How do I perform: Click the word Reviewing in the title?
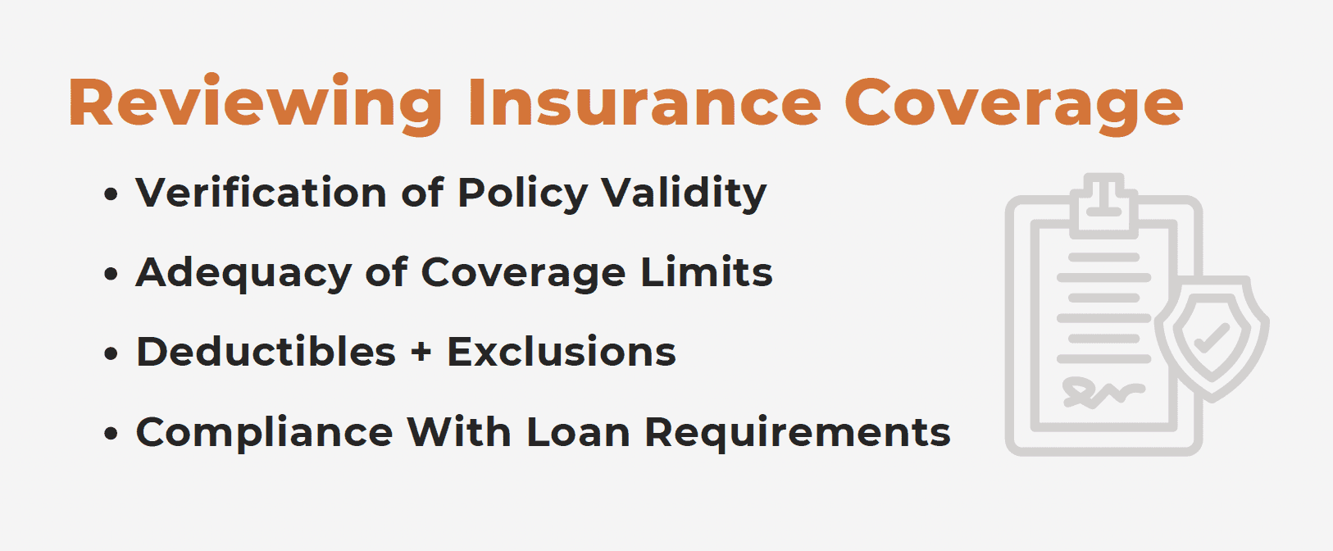tap(256, 103)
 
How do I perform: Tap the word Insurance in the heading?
tap(645, 102)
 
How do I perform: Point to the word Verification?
tap(262, 192)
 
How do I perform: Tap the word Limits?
tap(707, 271)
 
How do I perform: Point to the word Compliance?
tap(265, 433)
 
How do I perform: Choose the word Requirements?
tap(798, 434)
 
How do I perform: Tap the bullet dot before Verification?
tap(111, 194)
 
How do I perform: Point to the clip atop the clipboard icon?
tap(1104, 205)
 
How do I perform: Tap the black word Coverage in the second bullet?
tap(523, 275)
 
